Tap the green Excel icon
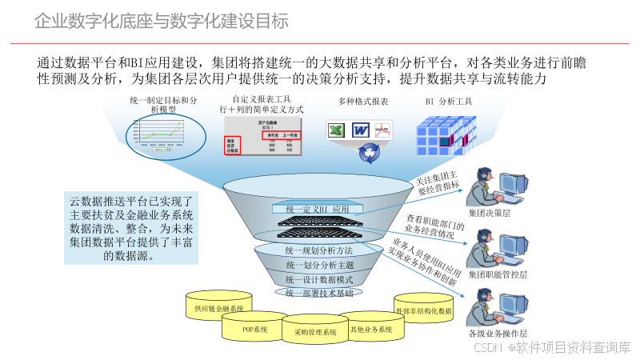pos(336,130)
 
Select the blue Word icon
pos(360,130)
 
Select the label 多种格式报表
pos(363,102)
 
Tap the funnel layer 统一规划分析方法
pos(319,250)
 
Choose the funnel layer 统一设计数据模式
pos(319,279)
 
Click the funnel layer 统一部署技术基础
pos(319,294)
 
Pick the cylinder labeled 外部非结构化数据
pos(423,310)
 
